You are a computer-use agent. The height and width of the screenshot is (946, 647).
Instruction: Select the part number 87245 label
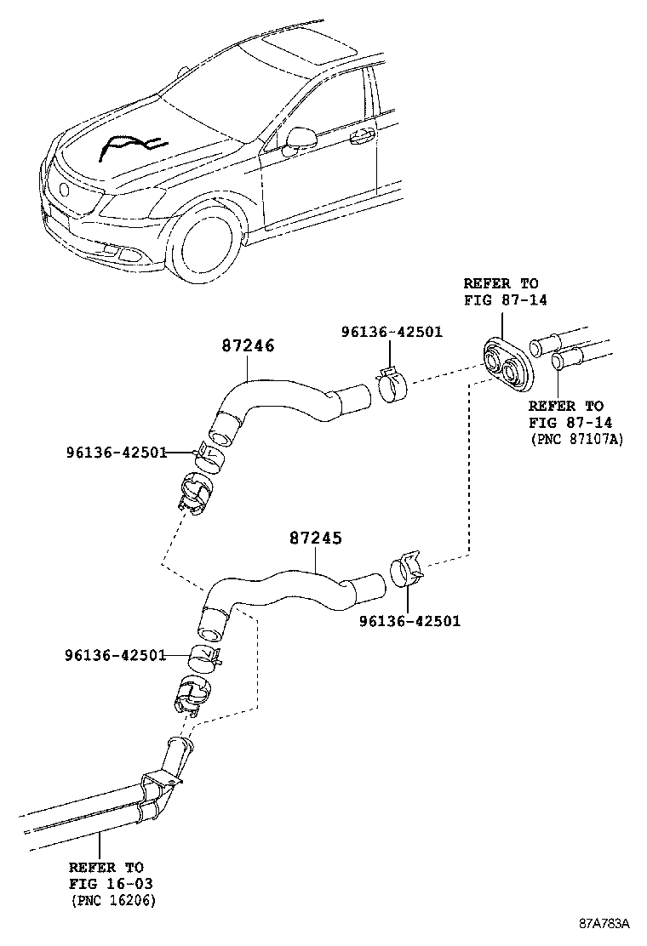click(x=316, y=539)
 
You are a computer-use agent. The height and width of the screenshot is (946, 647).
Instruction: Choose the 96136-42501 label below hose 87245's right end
click(x=409, y=621)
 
